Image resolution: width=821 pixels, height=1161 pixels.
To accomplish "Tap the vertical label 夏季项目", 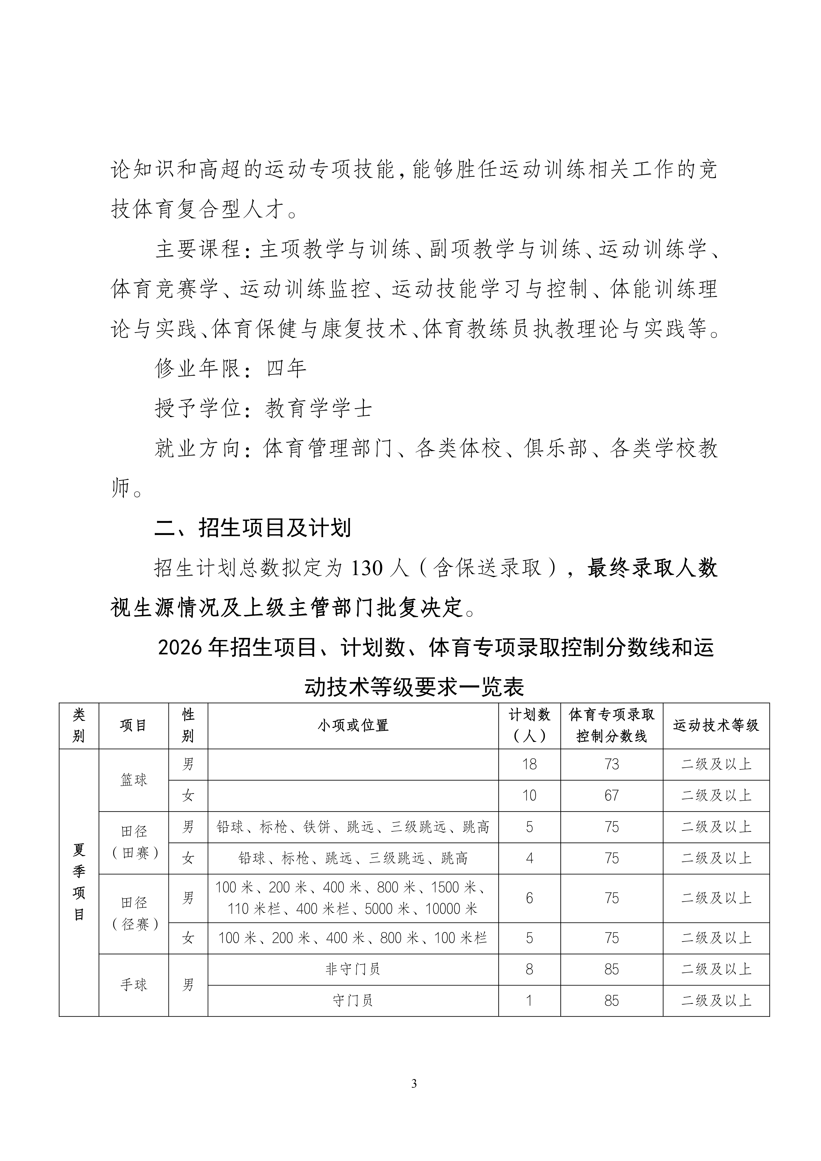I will click(x=79, y=882).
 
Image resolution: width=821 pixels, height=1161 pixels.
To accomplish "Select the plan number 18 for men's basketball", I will click(x=529, y=764).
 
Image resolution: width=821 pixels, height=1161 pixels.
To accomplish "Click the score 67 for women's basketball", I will click(x=612, y=795).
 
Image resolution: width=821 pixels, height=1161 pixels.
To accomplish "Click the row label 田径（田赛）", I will click(x=133, y=842).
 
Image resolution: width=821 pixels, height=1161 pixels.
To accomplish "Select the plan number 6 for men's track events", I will click(x=529, y=898).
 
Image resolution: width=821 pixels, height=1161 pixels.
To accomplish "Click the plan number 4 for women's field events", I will click(x=529, y=858).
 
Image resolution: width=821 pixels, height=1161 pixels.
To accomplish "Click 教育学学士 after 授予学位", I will click(x=319, y=408).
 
